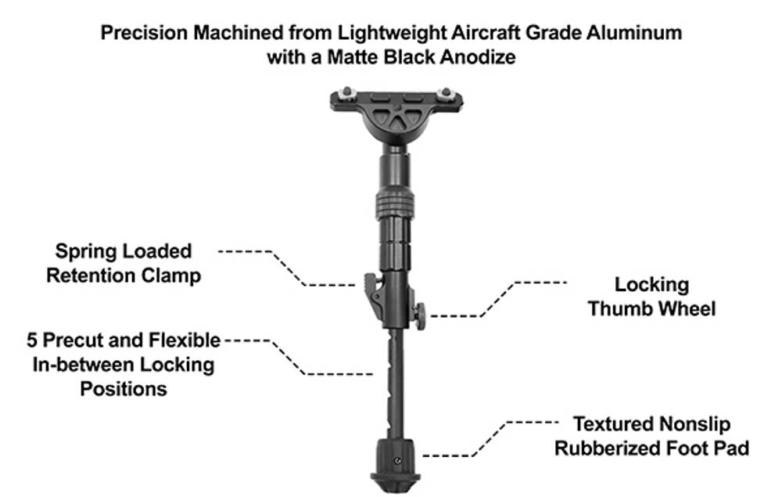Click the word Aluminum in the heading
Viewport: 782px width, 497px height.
(634, 33)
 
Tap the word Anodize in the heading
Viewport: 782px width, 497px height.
(478, 57)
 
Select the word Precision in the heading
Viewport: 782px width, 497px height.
(145, 33)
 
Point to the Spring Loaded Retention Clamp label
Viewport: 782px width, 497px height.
(124, 263)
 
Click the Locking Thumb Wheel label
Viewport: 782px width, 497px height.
(651, 297)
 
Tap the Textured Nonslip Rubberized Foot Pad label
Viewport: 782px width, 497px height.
(652, 436)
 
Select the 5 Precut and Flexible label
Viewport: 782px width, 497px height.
(124, 340)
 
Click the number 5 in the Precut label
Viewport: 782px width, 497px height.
(32, 340)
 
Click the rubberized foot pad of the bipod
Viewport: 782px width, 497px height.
(396, 465)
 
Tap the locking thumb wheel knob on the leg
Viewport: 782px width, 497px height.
(421, 315)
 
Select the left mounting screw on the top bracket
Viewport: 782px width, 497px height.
(346, 92)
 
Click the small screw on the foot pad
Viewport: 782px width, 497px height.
(397, 461)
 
